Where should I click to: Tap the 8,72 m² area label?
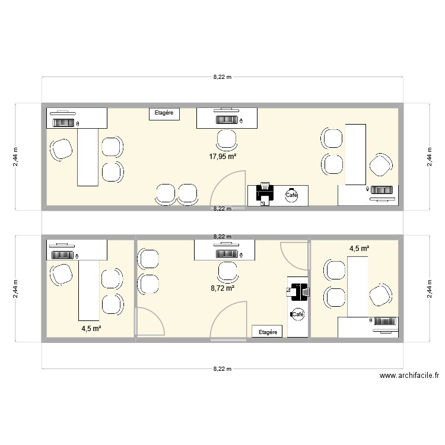(x=223, y=288)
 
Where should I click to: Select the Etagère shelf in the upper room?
(x=164, y=113)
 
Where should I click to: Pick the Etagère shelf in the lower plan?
(x=268, y=332)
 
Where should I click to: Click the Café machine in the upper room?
(x=292, y=195)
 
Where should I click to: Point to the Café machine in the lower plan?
(x=298, y=314)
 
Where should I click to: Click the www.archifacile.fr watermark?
(x=410, y=376)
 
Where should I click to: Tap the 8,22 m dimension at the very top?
(x=223, y=77)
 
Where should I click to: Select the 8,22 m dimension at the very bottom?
(x=223, y=368)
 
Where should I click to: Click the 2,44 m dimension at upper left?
(x=16, y=157)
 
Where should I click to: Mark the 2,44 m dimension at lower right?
(x=428, y=289)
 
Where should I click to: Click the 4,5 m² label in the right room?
(x=360, y=249)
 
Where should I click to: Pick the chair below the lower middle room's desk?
(x=227, y=272)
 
